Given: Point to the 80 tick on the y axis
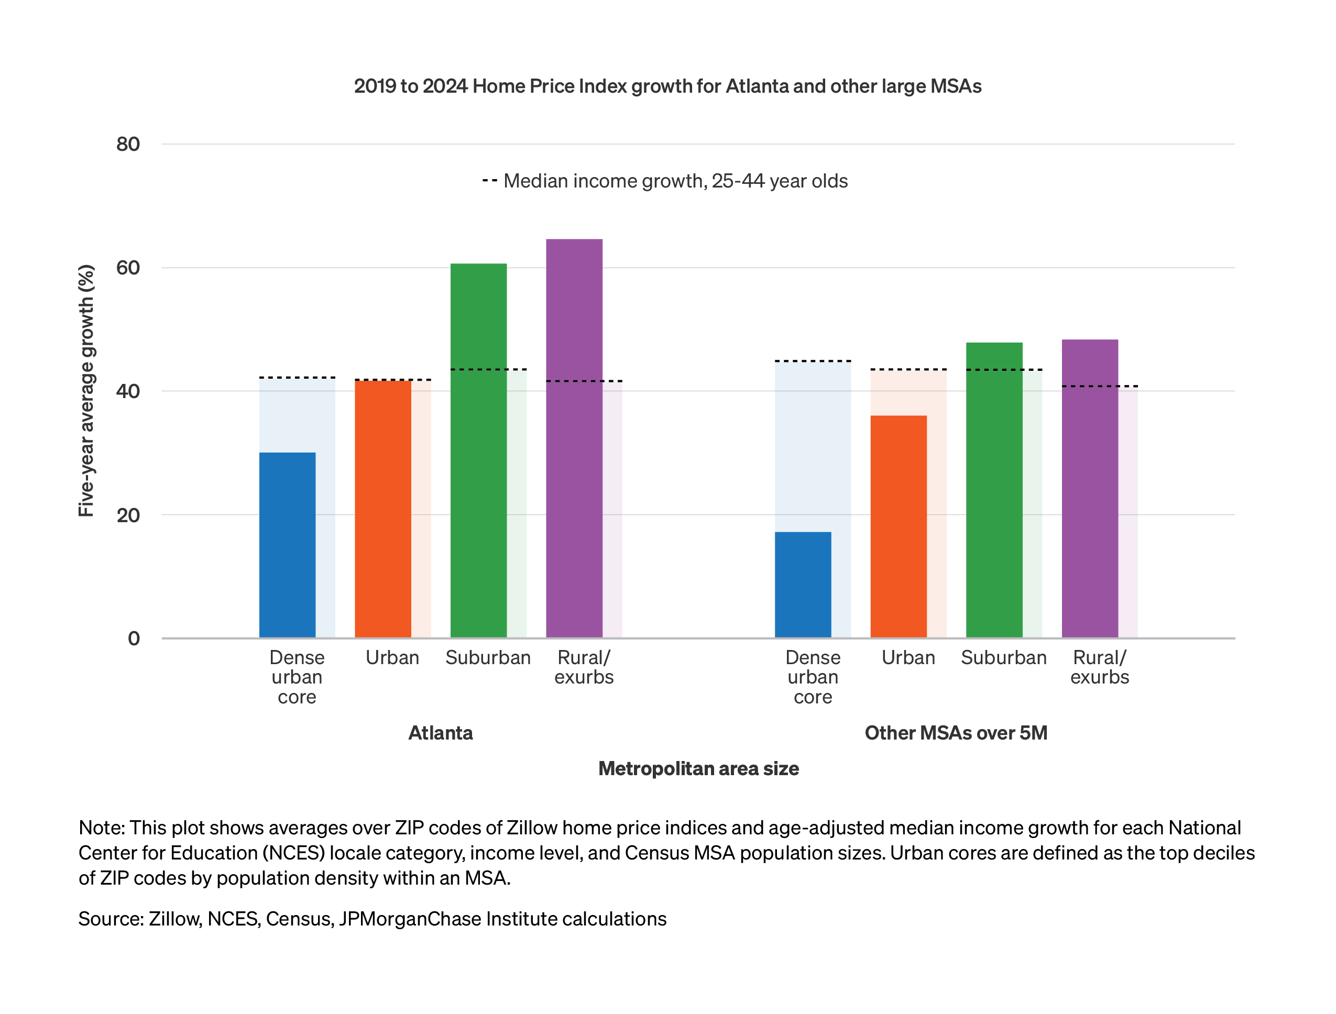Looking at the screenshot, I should pyautogui.click(x=128, y=145).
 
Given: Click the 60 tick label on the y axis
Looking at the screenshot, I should pyautogui.click(x=128, y=268).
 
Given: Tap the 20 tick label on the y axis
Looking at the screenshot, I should pyautogui.click(x=128, y=515).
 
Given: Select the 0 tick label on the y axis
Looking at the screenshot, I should pyautogui.click(x=134, y=638).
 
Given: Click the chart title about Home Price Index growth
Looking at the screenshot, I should pyautogui.click(x=667, y=86).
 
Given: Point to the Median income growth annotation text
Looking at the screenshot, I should pyautogui.click(x=675, y=181).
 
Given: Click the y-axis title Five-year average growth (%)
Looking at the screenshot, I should pyautogui.click(x=86, y=391).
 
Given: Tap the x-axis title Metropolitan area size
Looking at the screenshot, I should pyautogui.click(x=698, y=769).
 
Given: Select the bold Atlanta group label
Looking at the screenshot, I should pyautogui.click(x=440, y=733).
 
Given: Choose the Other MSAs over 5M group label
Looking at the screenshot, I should pyautogui.click(x=956, y=733).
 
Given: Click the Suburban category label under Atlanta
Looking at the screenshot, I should pyautogui.click(x=488, y=658).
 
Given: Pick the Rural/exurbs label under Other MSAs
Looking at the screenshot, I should pyautogui.click(x=1099, y=667).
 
